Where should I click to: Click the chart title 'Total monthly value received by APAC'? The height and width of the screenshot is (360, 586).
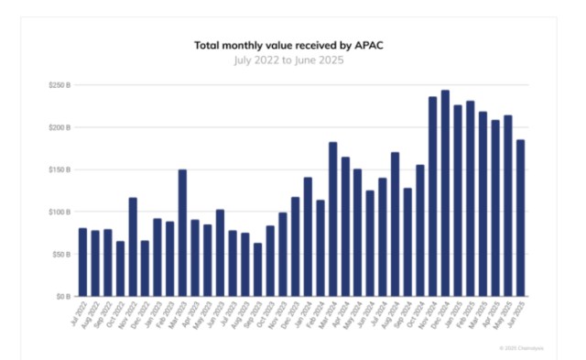[x=292, y=44]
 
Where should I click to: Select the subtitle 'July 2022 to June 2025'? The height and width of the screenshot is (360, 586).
[x=292, y=59]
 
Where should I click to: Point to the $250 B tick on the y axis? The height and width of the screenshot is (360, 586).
[x=61, y=85]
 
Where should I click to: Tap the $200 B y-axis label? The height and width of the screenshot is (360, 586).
[x=61, y=127]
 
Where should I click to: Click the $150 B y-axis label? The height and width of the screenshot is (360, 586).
[x=61, y=169]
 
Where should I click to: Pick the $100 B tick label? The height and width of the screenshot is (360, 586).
[x=61, y=212]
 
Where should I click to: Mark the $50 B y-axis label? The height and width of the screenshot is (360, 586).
[x=62, y=255]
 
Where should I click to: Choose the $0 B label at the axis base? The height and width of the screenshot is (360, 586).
[x=64, y=297]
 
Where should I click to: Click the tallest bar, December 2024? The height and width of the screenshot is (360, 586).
[x=445, y=193]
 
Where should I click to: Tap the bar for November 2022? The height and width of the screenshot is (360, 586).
[x=133, y=247]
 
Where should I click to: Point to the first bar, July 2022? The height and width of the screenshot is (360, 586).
[x=82, y=262]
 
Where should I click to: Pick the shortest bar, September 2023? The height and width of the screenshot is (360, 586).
[x=257, y=269]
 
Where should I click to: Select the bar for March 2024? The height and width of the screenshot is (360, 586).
[x=332, y=219]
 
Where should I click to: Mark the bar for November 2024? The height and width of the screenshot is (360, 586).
[x=432, y=197]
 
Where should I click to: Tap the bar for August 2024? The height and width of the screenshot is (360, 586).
[x=395, y=224]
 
